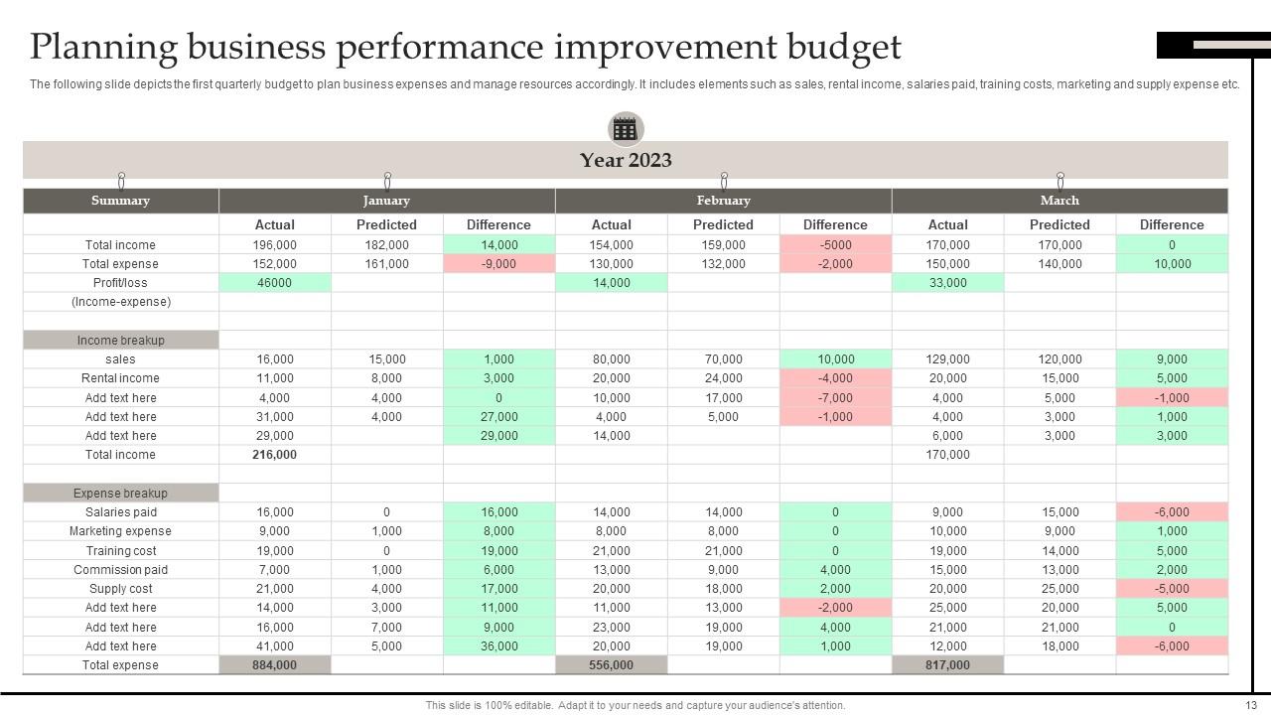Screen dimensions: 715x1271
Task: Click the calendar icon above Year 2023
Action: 626,129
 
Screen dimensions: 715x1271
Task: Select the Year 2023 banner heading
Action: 626,160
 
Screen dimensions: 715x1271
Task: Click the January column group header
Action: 386,201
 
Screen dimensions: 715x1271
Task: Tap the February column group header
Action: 723,201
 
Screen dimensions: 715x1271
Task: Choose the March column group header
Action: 1059,201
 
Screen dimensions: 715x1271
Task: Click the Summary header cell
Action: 120,201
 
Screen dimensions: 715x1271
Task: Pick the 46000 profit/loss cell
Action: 275,283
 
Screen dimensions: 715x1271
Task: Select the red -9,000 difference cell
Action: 498,264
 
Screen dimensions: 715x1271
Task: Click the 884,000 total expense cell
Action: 275,665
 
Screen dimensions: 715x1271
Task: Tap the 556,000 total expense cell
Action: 611,665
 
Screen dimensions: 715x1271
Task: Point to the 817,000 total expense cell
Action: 947,665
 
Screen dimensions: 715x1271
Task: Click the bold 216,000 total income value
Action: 275,455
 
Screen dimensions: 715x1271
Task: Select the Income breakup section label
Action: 120,341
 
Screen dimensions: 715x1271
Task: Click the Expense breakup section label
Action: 120,494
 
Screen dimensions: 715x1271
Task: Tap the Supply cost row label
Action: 120,589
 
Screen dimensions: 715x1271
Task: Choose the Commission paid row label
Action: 120,570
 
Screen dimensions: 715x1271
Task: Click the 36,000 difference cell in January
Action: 498,646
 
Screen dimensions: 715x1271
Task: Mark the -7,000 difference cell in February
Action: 835,398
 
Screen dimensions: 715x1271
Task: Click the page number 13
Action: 1250,705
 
